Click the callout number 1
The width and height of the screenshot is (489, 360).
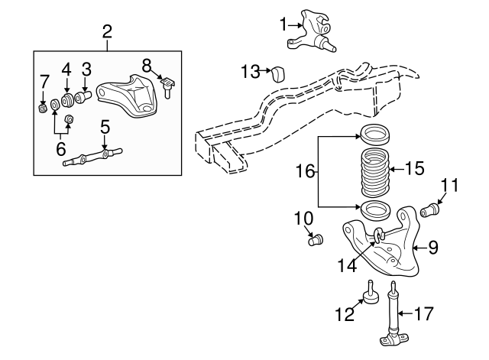(x=284, y=25)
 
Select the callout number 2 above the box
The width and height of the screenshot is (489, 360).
(x=107, y=31)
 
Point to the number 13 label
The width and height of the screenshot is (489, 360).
(x=250, y=72)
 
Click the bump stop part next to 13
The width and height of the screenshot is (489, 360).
(x=278, y=73)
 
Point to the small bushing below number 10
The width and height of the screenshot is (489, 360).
(x=313, y=242)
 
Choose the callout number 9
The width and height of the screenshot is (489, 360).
(x=432, y=247)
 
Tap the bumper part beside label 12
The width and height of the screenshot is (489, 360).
(x=370, y=294)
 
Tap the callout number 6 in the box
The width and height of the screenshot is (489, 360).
(x=61, y=148)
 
